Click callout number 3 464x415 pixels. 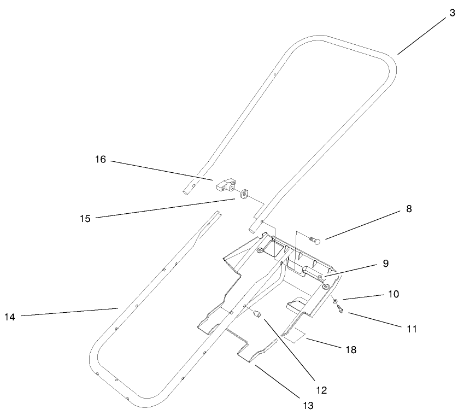(451, 13)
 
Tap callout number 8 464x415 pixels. (409, 208)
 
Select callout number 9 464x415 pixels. (386, 264)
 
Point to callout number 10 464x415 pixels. (394, 294)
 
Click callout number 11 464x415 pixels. (412, 329)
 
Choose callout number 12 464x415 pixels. (321, 390)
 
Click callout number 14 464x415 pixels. (9, 317)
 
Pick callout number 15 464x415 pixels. (85, 218)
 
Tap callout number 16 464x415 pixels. (101, 160)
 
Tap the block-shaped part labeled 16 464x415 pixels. (224, 185)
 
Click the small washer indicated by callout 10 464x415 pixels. (333, 301)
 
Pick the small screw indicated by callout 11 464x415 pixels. (339, 310)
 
